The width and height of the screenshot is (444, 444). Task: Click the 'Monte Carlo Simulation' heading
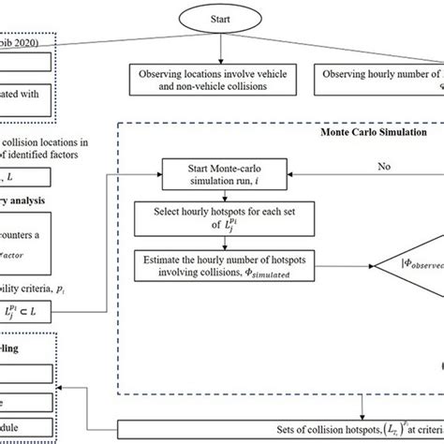coord(364,132)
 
